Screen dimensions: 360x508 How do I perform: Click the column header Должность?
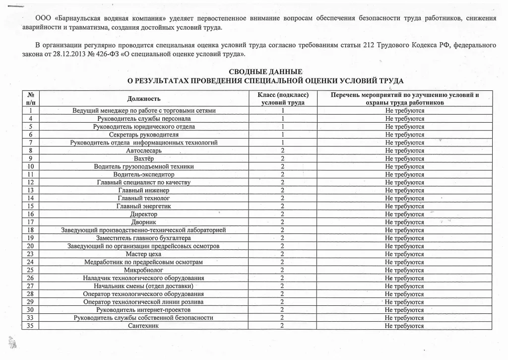coord(144,98)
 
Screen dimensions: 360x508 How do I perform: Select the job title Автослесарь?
coord(144,150)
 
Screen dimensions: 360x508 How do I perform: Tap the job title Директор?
coord(144,214)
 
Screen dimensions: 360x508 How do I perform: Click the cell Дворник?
coord(144,222)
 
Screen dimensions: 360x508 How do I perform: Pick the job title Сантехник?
coord(143,326)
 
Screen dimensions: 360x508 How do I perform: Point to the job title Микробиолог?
coord(144,270)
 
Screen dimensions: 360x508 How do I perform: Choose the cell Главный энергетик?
coord(144,206)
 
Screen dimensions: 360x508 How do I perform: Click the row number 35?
coord(31,326)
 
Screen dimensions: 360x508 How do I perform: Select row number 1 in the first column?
coord(31,110)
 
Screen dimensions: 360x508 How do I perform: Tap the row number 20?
coord(31,246)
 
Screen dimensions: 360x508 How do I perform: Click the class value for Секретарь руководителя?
coord(282,135)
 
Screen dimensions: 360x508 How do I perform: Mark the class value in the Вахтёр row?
coord(282,158)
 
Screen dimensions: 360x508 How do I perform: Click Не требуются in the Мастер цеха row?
coord(404,254)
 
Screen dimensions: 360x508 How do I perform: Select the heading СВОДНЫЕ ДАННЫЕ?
coord(265,72)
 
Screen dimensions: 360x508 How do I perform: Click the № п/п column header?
coord(31,98)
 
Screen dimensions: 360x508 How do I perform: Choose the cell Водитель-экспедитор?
coord(144,174)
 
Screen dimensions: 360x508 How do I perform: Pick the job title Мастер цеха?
coord(144,254)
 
